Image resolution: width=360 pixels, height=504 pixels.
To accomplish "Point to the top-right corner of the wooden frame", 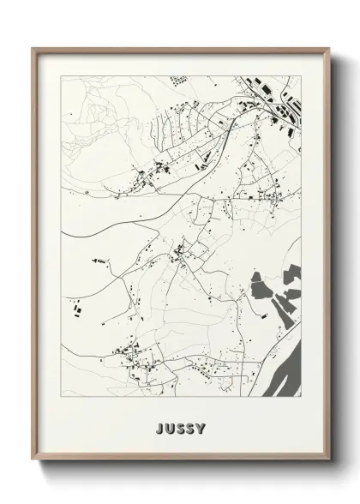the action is pos(327,47).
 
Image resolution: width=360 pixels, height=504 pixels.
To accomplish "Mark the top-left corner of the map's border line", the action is pos(61,75).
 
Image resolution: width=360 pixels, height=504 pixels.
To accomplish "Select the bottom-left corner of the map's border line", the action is pos(61,396).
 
